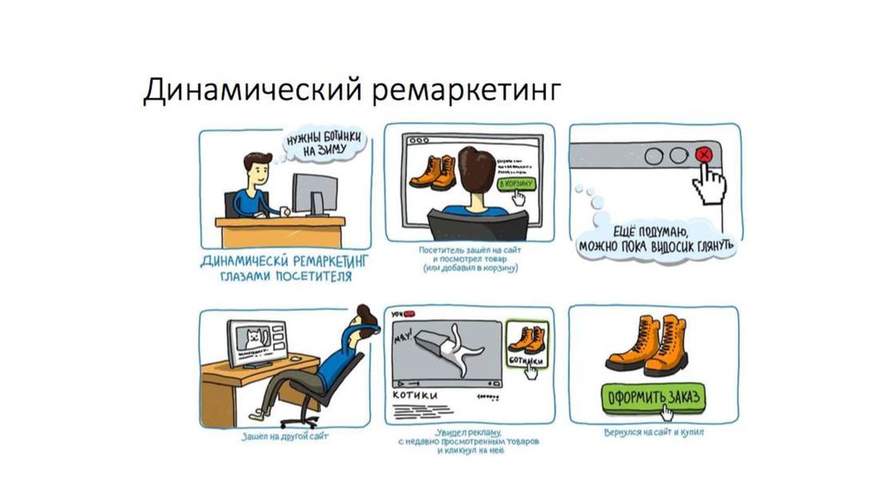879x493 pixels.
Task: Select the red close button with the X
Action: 703,155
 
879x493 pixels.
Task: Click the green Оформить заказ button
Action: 652,397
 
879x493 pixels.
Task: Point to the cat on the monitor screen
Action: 253,336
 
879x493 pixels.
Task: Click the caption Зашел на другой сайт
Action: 285,437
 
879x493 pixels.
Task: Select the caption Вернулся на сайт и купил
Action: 653,432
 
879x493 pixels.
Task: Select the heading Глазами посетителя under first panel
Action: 284,277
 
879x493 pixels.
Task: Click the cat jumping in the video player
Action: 450,349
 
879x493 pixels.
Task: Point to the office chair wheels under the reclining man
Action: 296,418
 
